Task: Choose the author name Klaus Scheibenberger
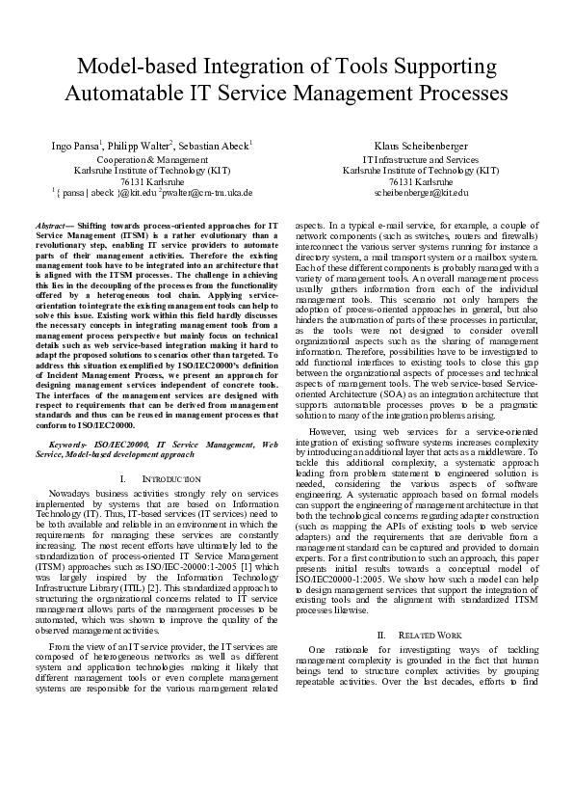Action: pos(421,145)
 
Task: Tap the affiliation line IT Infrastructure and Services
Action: pos(420,159)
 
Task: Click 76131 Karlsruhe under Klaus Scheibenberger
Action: pos(421,181)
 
